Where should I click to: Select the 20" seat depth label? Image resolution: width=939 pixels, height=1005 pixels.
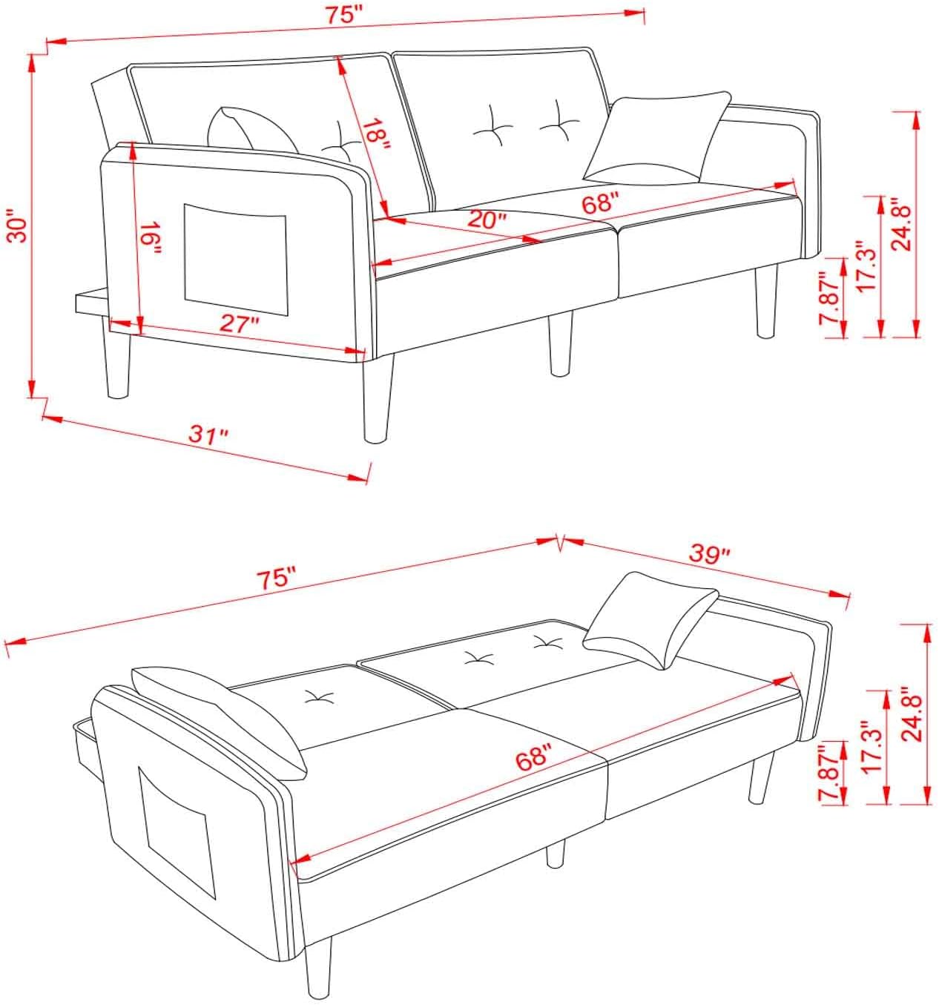point(487,218)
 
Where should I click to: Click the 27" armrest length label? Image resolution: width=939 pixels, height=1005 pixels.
point(240,323)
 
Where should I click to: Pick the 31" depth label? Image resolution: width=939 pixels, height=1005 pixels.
point(207,435)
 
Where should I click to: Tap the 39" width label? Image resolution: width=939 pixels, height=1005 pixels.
point(710,553)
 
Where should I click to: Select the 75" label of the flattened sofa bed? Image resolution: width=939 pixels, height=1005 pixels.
point(276,578)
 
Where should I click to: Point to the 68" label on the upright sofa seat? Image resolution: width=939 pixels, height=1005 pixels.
point(600,202)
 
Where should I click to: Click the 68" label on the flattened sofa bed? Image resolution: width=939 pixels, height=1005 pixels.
point(535,759)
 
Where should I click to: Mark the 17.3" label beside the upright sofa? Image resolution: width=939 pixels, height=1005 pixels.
point(865,266)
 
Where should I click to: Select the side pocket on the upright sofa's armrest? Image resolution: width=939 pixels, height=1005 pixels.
point(234,257)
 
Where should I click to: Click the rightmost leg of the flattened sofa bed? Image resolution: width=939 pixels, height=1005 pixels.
point(760,778)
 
